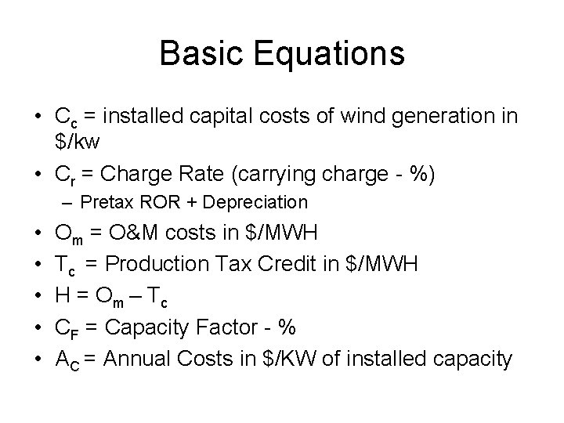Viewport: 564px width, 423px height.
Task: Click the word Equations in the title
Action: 328,54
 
